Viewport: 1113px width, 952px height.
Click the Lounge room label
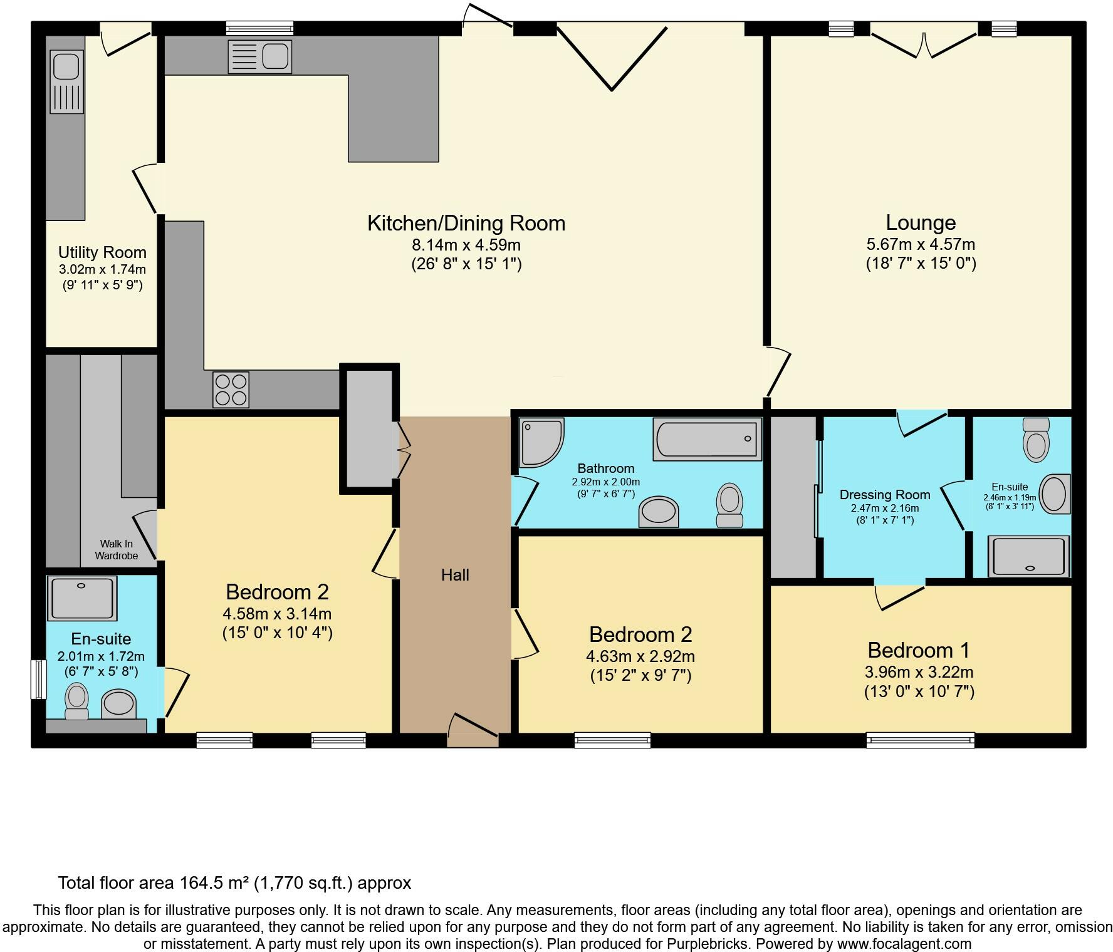coord(921,223)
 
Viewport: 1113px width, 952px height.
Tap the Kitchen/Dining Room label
coord(466,223)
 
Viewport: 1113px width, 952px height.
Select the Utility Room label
coord(102,252)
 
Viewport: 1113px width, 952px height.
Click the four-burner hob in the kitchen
coord(231,390)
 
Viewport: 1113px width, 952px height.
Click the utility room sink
coord(66,82)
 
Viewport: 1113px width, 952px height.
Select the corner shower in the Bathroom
coord(541,442)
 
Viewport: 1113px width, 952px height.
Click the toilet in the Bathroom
coord(729,505)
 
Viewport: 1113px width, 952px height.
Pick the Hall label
coord(455,575)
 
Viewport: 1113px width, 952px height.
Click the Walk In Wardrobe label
coord(117,550)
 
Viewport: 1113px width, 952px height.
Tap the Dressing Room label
coord(885,495)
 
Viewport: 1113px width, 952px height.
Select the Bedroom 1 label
coord(919,650)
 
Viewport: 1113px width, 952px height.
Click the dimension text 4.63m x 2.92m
coord(640,656)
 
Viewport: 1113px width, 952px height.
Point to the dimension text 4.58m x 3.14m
coord(277,614)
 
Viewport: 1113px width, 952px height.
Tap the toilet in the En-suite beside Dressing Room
coord(1036,440)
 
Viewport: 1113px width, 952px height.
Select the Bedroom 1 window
coord(921,740)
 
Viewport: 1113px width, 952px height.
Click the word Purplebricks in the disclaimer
coord(785,944)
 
